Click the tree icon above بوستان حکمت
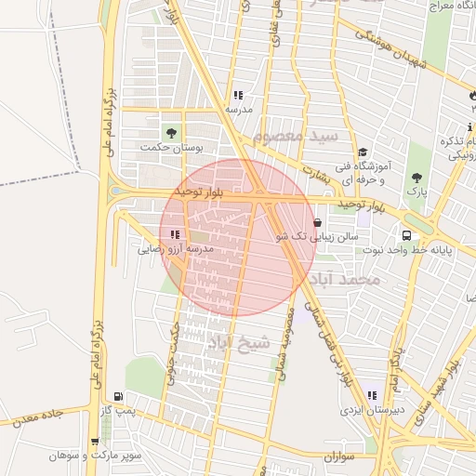(x=169, y=131)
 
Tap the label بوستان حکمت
(x=178, y=147)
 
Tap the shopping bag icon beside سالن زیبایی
(x=319, y=223)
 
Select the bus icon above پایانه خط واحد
(x=407, y=235)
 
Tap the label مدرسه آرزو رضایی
(x=176, y=249)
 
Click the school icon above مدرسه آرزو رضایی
(x=175, y=234)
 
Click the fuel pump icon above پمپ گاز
(x=116, y=396)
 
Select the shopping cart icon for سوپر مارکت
(x=95, y=442)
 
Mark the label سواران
(x=341, y=458)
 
